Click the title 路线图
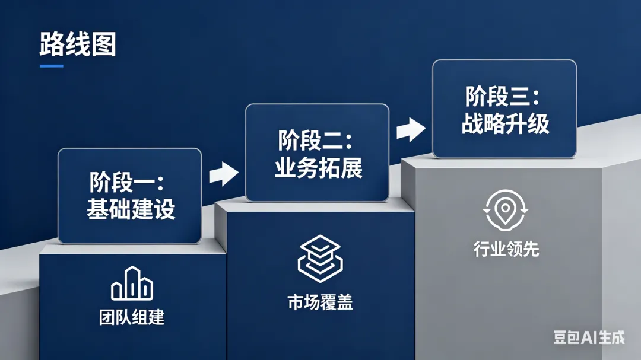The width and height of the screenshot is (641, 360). (77, 45)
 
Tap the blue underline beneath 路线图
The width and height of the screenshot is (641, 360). (52, 66)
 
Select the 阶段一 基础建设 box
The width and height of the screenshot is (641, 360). (129, 196)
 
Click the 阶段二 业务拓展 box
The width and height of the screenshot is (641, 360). (317, 152)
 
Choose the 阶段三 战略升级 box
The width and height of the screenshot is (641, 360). (504, 109)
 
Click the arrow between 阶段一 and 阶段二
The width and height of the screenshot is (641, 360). (223, 173)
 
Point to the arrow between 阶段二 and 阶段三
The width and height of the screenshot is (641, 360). (411, 130)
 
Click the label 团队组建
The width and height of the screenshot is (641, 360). (132, 317)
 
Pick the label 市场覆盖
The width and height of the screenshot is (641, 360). (320, 302)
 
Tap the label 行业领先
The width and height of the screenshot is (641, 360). (506, 249)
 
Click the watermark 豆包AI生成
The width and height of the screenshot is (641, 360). (589, 337)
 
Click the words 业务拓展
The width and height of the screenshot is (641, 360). (318, 168)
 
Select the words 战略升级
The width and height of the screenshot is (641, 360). (505, 125)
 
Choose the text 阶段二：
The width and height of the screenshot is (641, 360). (315, 141)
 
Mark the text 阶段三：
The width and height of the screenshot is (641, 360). (502, 97)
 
